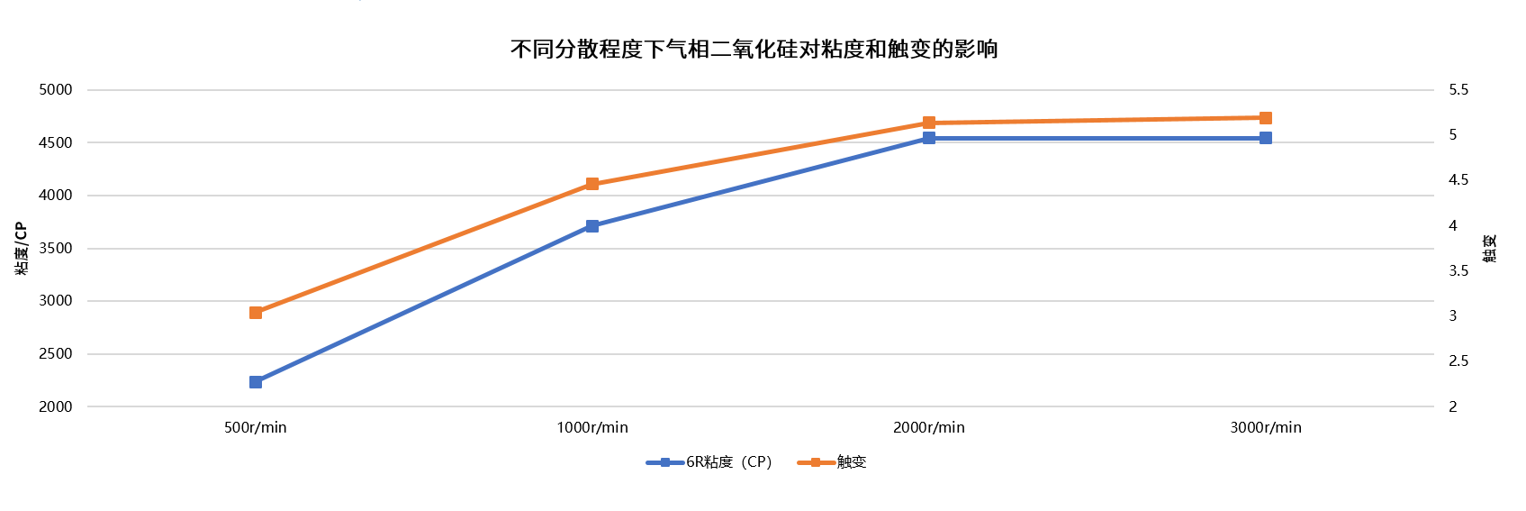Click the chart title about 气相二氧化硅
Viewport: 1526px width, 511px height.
coord(754,49)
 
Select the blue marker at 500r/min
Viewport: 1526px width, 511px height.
coord(256,382)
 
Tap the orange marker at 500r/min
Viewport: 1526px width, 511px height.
coord(256,313)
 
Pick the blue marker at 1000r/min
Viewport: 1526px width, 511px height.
coord(592,226)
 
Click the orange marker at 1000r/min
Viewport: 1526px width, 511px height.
coord(592,184)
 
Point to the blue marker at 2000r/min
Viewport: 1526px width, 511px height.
coord(929,138)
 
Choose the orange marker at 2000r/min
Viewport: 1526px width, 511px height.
coord(929,123)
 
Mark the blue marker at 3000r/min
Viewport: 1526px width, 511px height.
coord(1266,138)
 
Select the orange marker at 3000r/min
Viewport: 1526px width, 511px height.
coord(1266,118)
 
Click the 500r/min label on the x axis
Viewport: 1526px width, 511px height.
coord(256,427)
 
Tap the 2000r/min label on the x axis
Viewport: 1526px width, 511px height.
coord(929,427)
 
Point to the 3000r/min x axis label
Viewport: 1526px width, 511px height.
coord(1266,427)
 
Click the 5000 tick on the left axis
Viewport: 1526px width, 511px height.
coord(56,90)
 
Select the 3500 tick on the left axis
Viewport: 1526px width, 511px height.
coord(56,249)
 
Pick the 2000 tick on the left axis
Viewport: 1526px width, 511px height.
coord(56,406)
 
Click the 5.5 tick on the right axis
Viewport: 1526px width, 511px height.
coord(1458,90)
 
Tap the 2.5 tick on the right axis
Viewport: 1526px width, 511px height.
coord(1458,361)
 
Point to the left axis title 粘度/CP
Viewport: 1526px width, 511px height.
coord(22,248)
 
